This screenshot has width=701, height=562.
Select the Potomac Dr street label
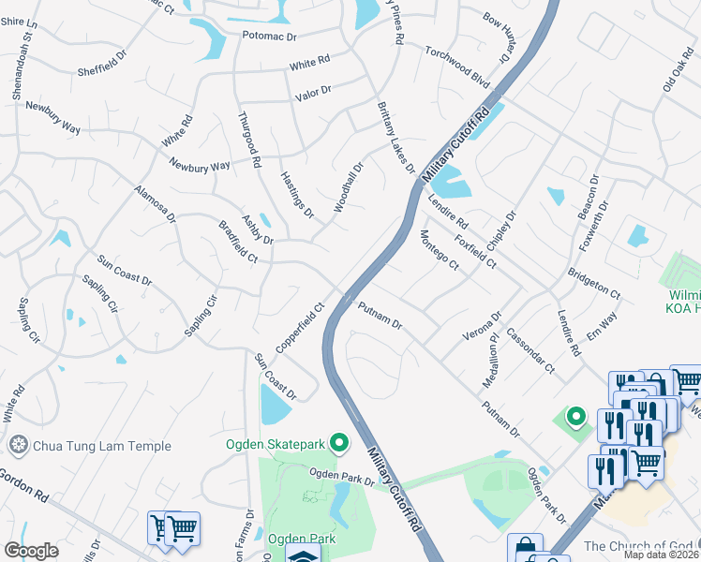pos(269,37)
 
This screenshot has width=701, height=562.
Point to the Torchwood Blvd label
pos(457,65)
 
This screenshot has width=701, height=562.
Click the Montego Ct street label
pos(439,250)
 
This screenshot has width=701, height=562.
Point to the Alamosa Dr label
pos(155,205)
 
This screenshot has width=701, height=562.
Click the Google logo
pos(32,551)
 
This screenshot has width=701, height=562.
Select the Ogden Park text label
pos(295,539)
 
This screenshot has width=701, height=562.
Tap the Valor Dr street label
pos(314,91)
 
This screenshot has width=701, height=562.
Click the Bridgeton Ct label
pos(593,283)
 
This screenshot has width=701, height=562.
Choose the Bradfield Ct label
pos(237,242)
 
